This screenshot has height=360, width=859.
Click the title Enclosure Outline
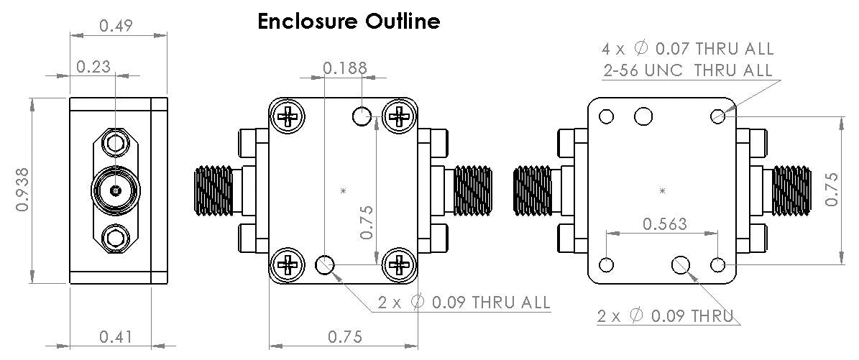tap(349, 21)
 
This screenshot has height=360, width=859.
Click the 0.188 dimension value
tap(344, 68)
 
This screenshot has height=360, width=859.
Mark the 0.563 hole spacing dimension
tap(663, 223)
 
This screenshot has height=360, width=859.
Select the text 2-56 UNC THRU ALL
tap(687, 70)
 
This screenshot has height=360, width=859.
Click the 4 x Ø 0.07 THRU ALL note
tap(687, 49)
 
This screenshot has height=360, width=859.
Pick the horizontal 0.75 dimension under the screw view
tap(344, 336)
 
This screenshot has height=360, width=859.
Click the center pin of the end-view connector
tap(115, 191)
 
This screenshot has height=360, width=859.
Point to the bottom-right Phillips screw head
tap(398, 264)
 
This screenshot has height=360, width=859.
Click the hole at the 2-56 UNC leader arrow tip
tap(717, 116)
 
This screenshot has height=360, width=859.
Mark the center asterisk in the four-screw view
tap(344, 190)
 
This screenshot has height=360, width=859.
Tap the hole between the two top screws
tap(362, 115)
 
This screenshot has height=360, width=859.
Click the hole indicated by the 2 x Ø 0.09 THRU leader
tap(680, 265)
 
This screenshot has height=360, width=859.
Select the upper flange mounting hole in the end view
tap(115, 144)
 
